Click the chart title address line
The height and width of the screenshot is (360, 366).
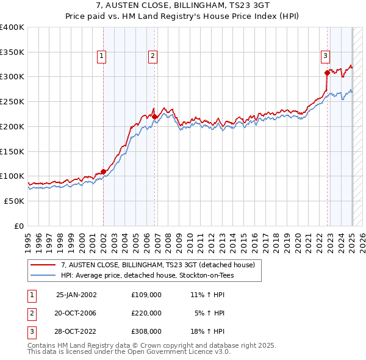pyautogui.click(x=182, y=7)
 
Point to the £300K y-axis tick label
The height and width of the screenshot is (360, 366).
pyautogui.click(x=12, y=77)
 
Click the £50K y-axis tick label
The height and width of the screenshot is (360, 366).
pyautogui.click(x=15, y=201)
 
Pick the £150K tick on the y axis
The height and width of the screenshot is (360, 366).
pyautogui.click(x=12, y=151)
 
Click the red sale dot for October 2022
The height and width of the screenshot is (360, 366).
pyautogui.click(x=328, y=73)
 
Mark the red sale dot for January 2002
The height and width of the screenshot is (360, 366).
pyautogui.click(x=103, y=171)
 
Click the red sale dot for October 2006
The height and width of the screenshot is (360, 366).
pyautogui.click(x=155, y=117)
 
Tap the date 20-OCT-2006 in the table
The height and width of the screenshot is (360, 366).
pyautogui.click(x=76, y=313)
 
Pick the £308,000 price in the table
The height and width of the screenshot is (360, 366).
pyautogui.click(x=146, y=331)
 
